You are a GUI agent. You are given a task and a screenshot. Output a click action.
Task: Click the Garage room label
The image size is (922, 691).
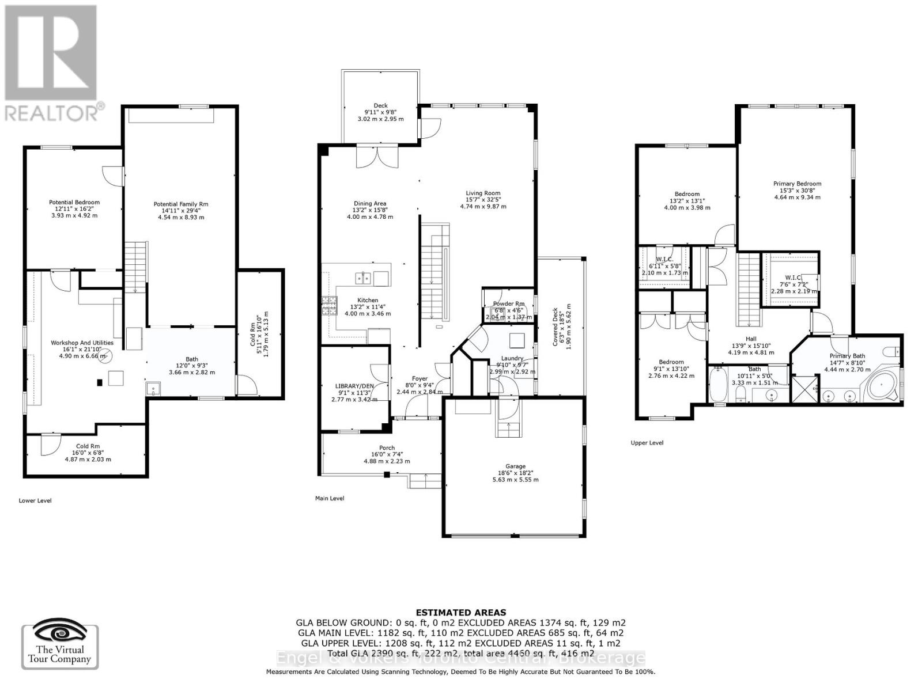[515, 466]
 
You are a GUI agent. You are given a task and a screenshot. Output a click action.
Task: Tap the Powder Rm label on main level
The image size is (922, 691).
[508, 303]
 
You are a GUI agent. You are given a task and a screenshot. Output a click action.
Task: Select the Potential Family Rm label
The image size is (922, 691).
[180, 204]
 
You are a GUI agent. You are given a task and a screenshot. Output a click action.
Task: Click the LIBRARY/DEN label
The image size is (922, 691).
[354, 386]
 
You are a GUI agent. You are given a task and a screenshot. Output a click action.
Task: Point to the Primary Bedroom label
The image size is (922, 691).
[797, 184]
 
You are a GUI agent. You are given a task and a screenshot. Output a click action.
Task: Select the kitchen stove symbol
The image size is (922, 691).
[330, 305]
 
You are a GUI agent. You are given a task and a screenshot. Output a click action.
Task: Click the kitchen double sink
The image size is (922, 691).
[363, 279]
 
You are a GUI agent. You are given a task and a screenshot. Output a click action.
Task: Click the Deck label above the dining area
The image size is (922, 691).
[380, 105]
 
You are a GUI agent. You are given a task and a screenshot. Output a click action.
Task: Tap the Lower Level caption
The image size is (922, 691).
[35, 500]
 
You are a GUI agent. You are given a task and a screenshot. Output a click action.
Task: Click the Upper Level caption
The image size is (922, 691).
[647, 443]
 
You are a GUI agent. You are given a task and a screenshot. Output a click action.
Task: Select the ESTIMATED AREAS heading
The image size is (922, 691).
[460, 613]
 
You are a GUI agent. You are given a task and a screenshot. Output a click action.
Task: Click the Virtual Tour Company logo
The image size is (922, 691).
[60, 646]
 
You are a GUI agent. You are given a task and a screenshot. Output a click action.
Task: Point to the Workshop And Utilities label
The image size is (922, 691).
[82, 343]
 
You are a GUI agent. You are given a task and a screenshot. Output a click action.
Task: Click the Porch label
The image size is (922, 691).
[387, 448]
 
